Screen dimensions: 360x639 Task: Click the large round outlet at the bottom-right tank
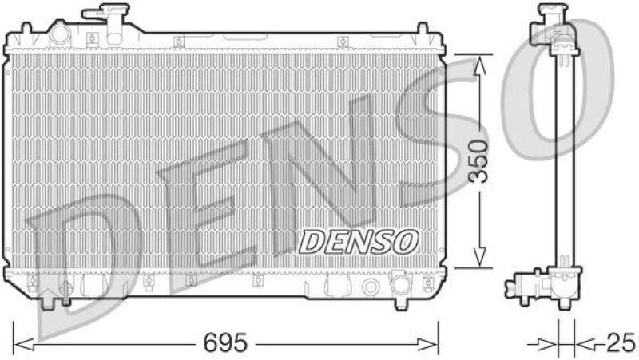400,285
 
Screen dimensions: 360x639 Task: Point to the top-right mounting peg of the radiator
419,29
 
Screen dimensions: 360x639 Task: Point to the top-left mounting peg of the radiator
24,29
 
